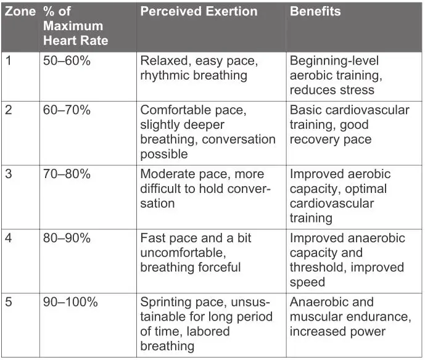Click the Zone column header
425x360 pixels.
[21, 12]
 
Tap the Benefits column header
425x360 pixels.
[315, 12]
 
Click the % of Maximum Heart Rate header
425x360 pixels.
[76, 27]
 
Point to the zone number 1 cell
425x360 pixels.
[8, 61]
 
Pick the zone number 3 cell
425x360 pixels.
[9, 174]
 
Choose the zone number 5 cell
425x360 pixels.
[9, 303]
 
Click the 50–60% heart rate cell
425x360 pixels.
[67, 61]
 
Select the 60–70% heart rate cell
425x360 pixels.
[67, 110]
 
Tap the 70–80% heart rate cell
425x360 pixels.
[67, 174]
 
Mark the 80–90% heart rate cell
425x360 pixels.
[67, 239]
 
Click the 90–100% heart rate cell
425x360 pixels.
[70, 303]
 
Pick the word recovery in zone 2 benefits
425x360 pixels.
[315, 139]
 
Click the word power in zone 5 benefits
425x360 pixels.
[368, 332]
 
